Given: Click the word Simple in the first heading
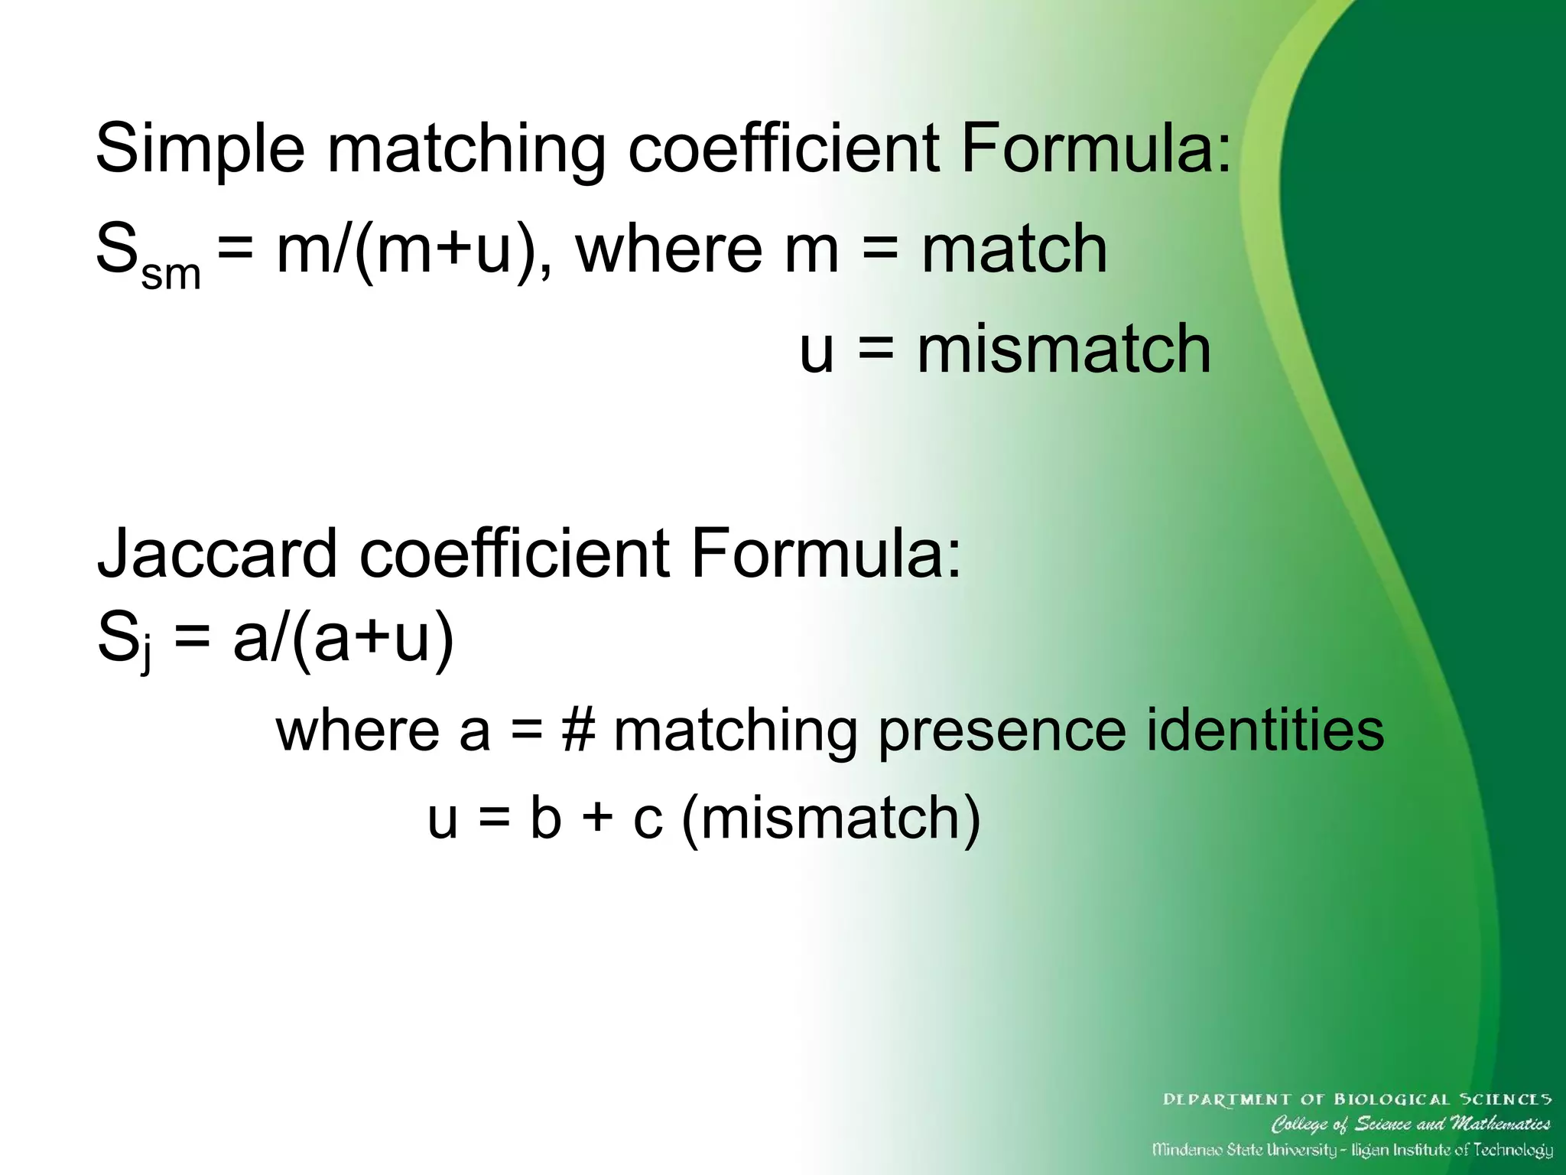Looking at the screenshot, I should click(x=200, y=151).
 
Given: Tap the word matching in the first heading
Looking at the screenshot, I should click(x=466, y=151).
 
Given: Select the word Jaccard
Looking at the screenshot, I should click(x=217, y=555).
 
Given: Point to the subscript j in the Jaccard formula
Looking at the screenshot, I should click(x=146, y=656).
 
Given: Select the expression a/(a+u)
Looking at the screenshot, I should click(x=343, y=639).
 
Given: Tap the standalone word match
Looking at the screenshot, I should click(x=1014, y=249).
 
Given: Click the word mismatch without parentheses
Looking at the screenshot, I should click(x=1064, y=350).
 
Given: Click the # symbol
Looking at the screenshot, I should click(x=577, y=731).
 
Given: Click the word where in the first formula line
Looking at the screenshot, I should click(x=668, y=249).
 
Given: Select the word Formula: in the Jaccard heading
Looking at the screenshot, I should click(x=825, y=555).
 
